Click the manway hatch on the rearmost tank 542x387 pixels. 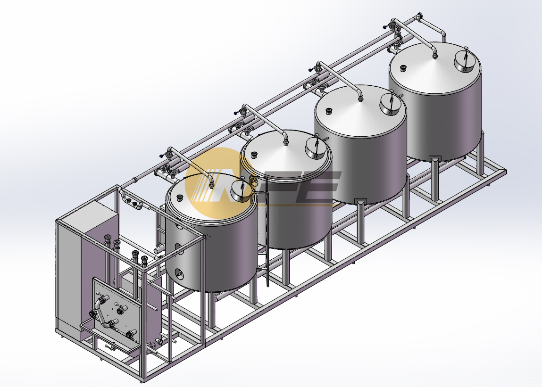(x=464, y=61)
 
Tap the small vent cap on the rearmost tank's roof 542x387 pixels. (x=403, y=68)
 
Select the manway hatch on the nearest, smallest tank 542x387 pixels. (x=240, y=190)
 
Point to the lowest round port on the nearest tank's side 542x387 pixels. (x=180, y=274)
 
